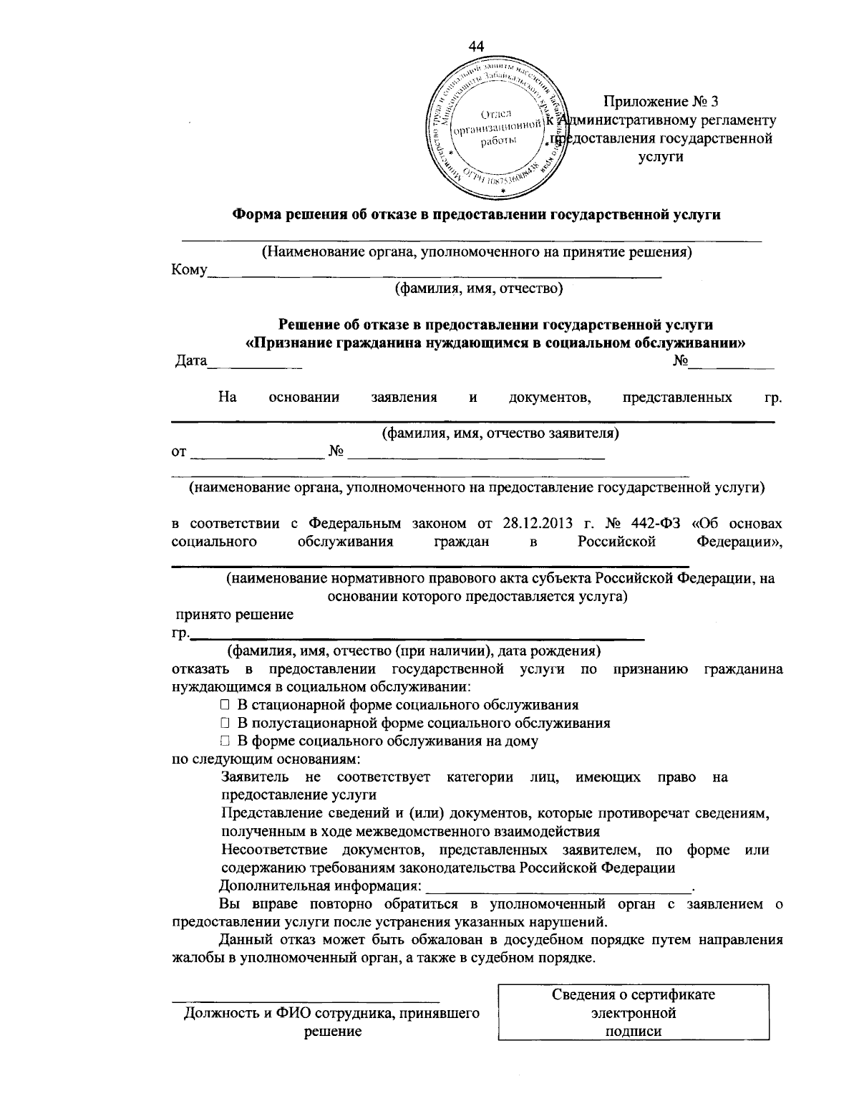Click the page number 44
tap(476, 46)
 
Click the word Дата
tap(190, 362)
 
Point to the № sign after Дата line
tap(680, 362)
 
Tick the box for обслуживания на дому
tap(225, 741)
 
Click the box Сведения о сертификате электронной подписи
tap(633, 1013)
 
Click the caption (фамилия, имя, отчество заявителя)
tap(499, 433)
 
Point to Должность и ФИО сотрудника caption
tap(331, 1014)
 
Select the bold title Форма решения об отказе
tap(477, 214)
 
